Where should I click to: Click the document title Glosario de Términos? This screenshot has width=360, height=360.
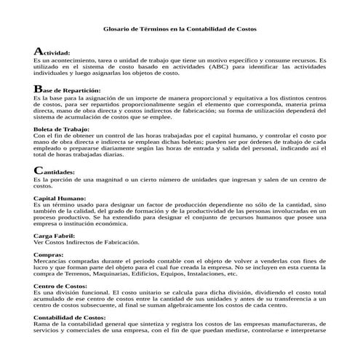point(180,28)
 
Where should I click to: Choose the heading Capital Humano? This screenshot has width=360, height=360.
point(59,198)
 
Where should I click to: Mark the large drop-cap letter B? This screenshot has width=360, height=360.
point(38,88)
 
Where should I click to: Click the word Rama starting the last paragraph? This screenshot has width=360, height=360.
point(41,324)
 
